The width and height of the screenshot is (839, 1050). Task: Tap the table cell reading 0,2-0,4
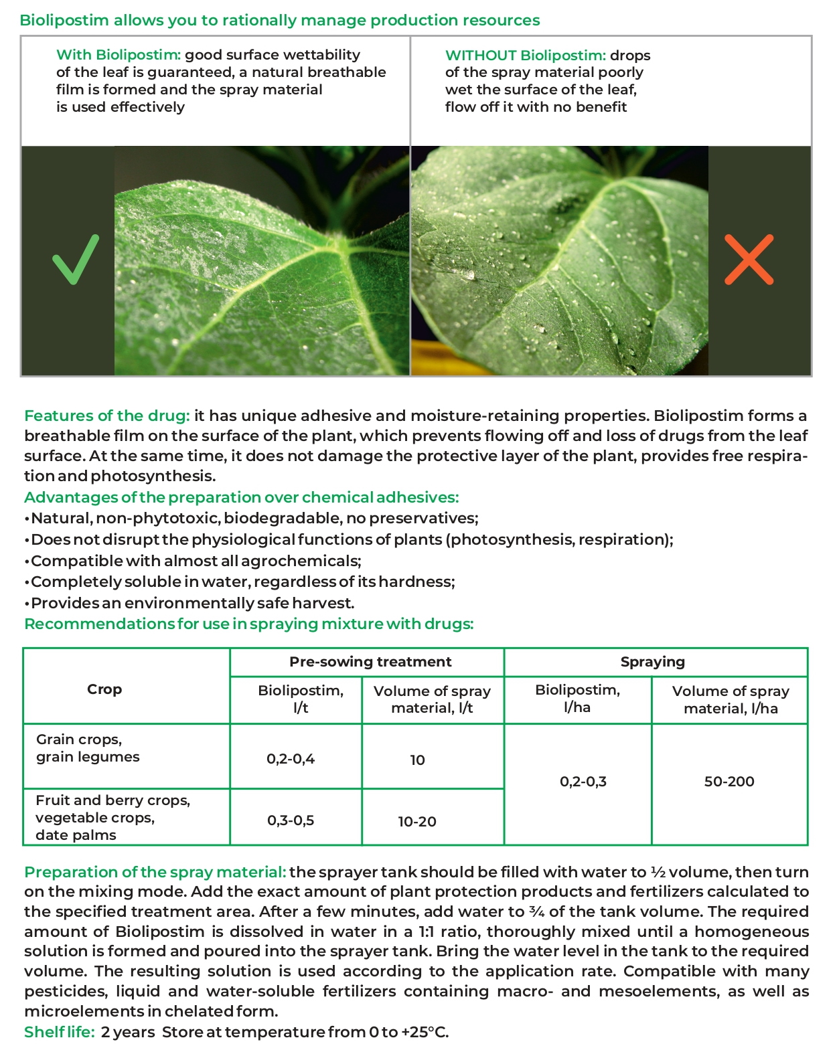click(291, 759)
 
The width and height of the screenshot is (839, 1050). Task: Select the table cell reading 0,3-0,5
click(291, 820)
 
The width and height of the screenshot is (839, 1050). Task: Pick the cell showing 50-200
click(729, 781)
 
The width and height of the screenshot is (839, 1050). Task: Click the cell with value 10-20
click(417, 821)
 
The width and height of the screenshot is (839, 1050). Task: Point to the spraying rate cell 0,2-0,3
click(583, 781)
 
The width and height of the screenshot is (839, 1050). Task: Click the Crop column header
click(104, 689)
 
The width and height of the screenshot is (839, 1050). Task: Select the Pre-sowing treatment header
click(370, 662)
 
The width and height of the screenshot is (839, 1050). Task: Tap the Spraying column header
click(653, 662)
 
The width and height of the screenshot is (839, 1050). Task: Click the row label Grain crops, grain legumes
click(88, 748)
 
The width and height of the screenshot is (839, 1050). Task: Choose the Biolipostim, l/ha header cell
click(577, 699)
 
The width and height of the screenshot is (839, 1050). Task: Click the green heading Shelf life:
click(60, 1032)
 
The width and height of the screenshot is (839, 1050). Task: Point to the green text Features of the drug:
click(107, 416)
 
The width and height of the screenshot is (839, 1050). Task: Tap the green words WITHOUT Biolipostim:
click(526, 56)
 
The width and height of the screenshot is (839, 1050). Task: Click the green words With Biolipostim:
click(119, 55)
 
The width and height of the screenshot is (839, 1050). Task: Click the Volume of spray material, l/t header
click(432, 699)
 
